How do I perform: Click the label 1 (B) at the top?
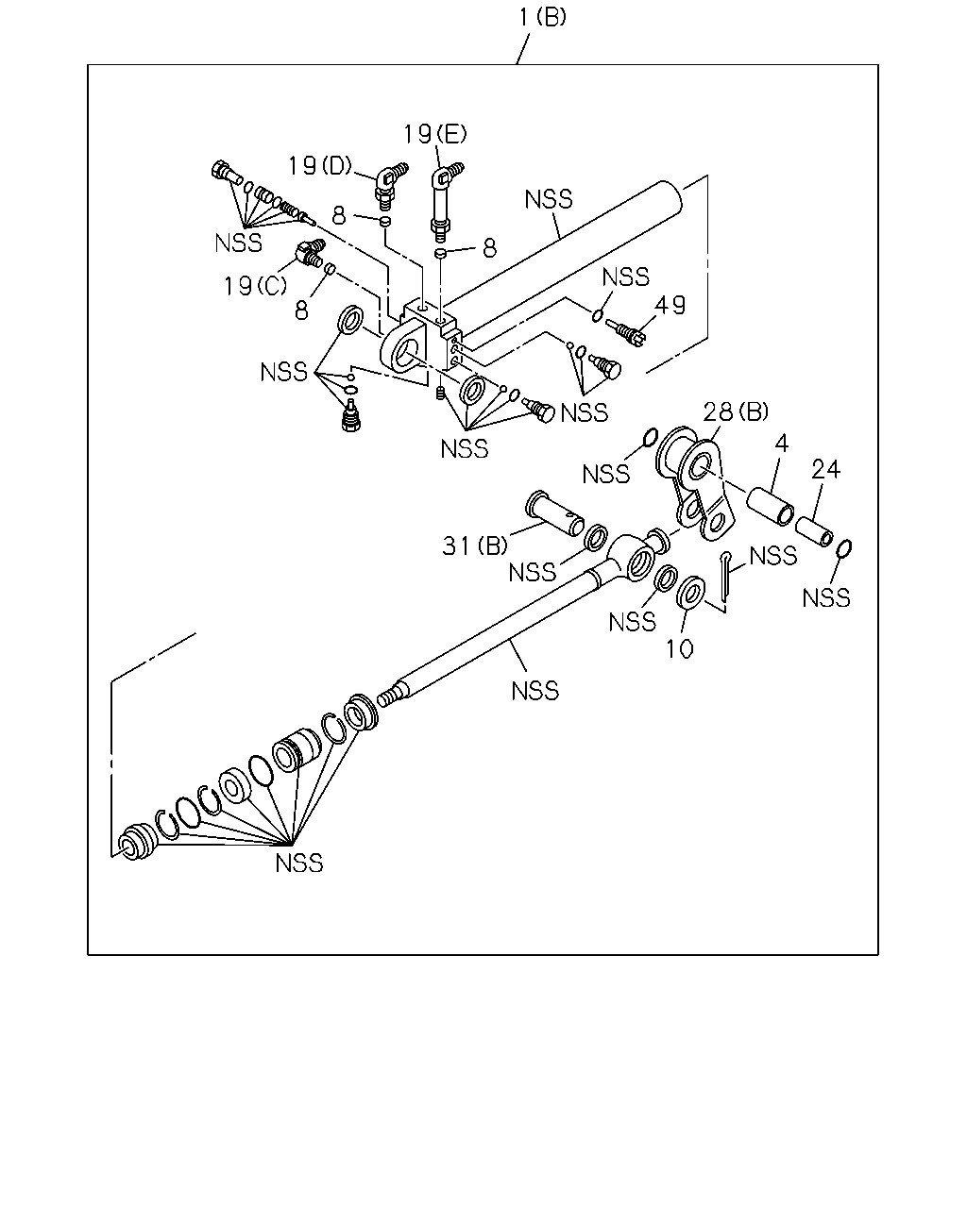[542, 17]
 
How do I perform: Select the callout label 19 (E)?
[435, 134]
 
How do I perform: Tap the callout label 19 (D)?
[320, 165]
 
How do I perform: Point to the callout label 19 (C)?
[255, 286]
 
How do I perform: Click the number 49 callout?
[670, 306]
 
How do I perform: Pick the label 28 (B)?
[736, 412]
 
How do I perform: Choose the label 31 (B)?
[475, 545]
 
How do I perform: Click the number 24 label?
[825, 469]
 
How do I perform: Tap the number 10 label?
[680, 649]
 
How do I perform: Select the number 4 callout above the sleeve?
[782, 444]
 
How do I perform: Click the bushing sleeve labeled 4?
[770, 507]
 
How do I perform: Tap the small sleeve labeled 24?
[814, 531]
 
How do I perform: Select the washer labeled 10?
[690, 591]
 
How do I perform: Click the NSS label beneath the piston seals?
[299, 864]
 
